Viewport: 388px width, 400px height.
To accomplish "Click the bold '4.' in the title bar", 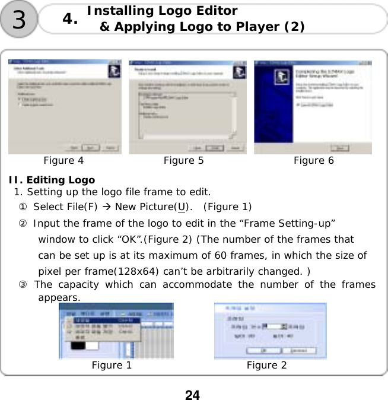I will click(70, 19).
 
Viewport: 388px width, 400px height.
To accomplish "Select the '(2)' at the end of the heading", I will click(294, 27).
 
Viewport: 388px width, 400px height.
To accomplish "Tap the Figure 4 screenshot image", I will click(65, 107).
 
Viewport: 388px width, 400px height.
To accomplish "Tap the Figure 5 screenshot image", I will click(187, 107).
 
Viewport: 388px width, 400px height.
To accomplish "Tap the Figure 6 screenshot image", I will click(313, 107).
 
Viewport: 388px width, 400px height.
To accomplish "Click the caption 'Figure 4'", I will click(63, 160).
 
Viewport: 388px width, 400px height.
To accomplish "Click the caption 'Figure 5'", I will click(183, 160).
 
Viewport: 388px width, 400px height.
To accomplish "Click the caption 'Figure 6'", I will click(313, 160).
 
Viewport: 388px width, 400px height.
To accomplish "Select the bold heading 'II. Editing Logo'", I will click(52, 180).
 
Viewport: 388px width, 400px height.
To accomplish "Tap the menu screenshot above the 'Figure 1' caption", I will click(116, 331).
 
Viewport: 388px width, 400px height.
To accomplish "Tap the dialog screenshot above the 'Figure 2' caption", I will click(270, 331).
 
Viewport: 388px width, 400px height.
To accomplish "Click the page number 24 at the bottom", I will click(192, 394).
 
